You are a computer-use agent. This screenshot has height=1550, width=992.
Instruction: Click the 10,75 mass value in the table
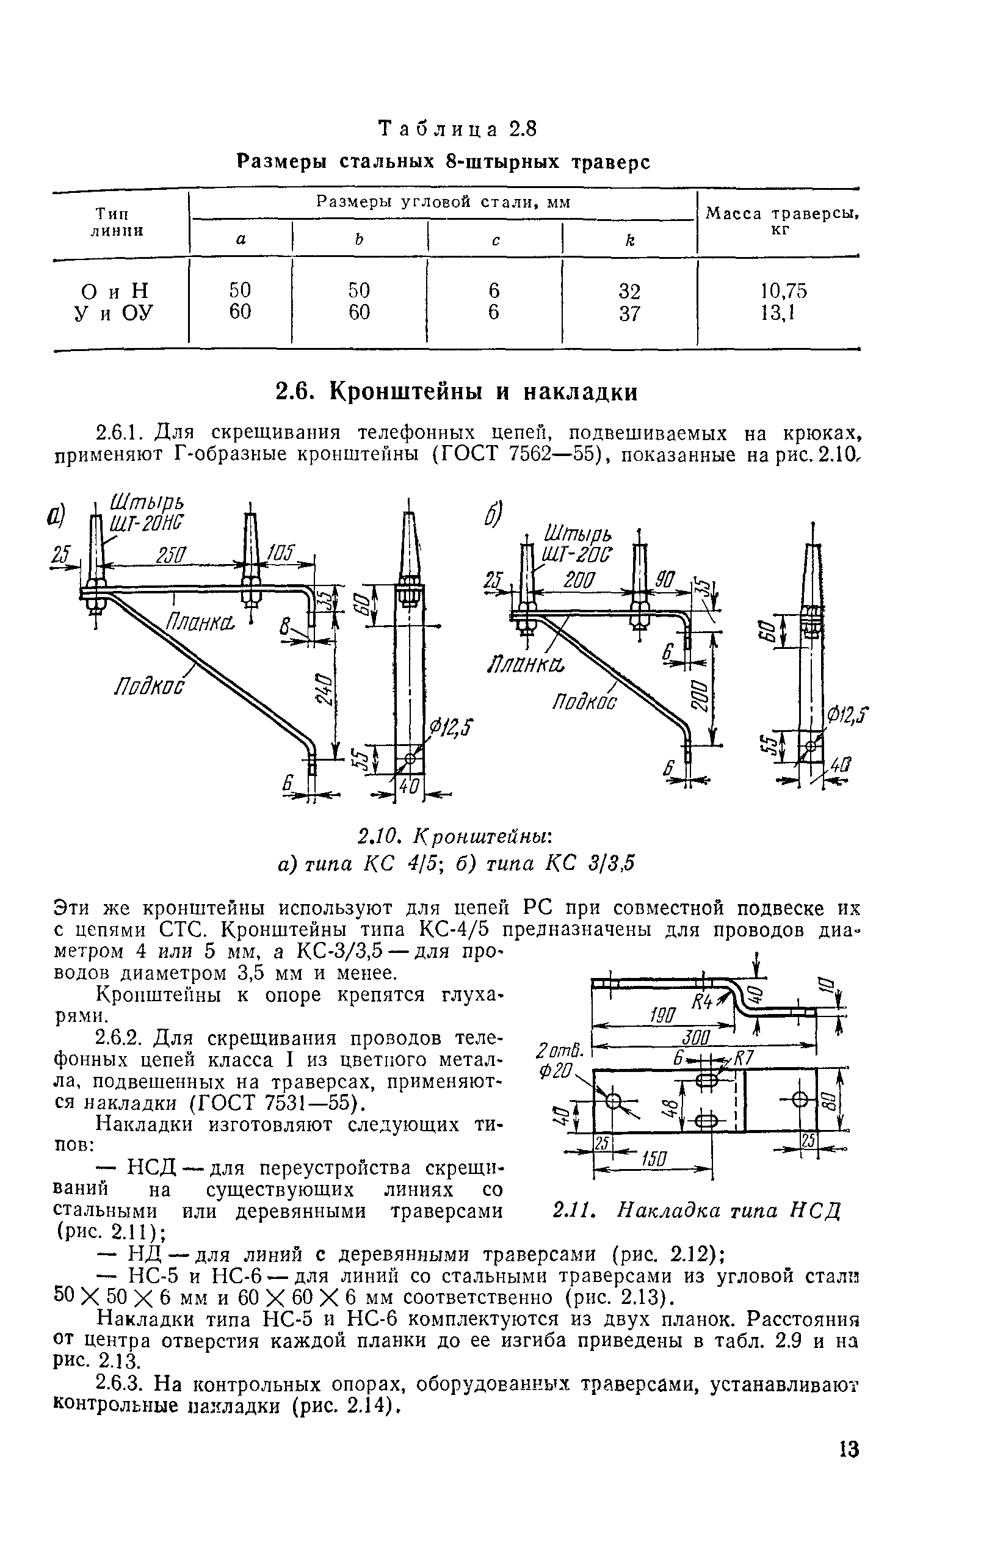[x=783, y=291]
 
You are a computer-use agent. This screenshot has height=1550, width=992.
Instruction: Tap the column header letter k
[x=629, y=241]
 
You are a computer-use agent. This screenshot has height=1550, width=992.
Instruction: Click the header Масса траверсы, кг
[x=783, y=220]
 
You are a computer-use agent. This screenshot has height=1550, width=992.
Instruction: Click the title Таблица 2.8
[x=457, y=130]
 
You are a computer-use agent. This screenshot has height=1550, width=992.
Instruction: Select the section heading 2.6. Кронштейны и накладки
[x=457, y=392]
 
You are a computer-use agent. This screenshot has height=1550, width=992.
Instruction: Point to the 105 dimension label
[x=281, y=552]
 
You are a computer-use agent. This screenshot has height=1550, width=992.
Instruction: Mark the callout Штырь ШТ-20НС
[x=147, y=513]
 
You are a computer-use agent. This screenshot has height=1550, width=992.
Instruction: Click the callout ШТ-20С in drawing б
[x=578, y=554]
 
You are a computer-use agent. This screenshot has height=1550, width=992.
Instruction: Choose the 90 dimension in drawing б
[x=664, y=581]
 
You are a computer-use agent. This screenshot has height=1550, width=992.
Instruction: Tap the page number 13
[x=849, y=1450]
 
